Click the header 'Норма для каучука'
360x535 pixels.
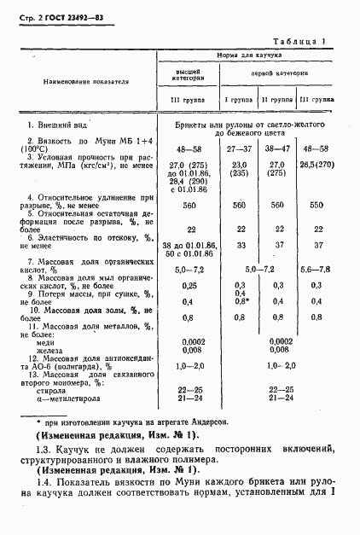point(243,54)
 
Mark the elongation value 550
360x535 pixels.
point(316,206)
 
